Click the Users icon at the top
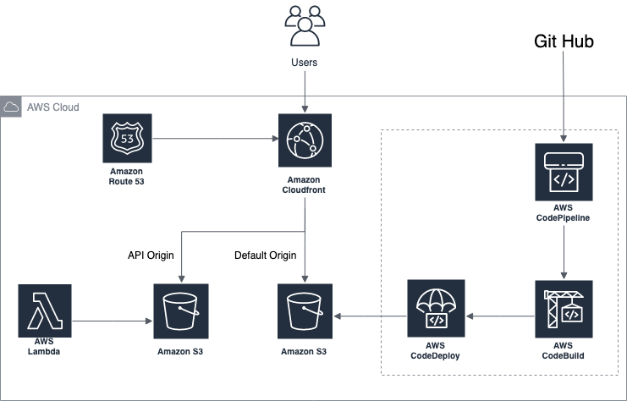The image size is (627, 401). click(x=305, y=25)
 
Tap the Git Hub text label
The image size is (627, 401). click(x=564, y=41)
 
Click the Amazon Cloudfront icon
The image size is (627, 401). click(x=305, y=139)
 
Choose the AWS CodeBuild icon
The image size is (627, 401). click(x=564, y=309)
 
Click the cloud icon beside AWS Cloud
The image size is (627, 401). click(x=12, y=107)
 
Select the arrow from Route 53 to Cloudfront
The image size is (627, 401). click(x=216, y=139)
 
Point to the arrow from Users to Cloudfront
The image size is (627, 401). click(x=305, y=93)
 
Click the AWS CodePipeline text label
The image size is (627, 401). click(x=564, y=211)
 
